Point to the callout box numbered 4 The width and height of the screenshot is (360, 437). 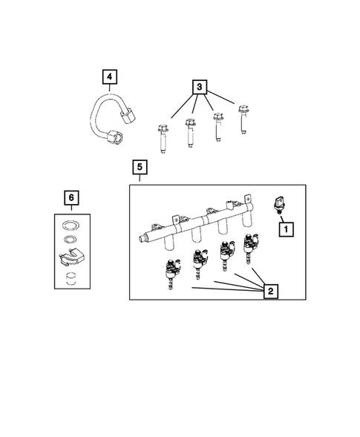(x=109, y=76)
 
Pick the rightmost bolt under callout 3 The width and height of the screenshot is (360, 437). (x=242, y=119)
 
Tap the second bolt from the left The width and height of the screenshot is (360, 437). (x=192, y=132)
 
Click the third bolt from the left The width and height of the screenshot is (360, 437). (x=217, y=125)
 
